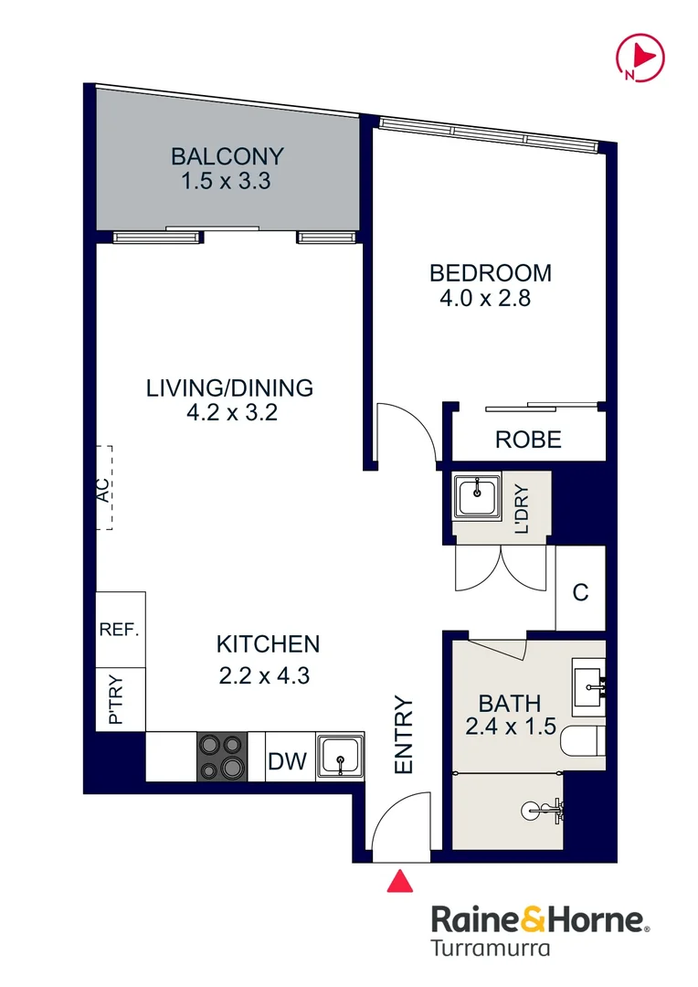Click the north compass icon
[x=640, y=58]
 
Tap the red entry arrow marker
[x=399, y=881]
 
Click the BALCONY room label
[x=227, y=156]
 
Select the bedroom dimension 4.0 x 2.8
[x=485, y=298]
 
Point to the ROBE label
[x=528, y=440]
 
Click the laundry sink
[x=478, y=496]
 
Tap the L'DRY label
[x=522, y=509]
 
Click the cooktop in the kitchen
[x=222, y=757]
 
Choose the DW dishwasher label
[x=287, y=761]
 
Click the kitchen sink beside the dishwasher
[x=340, y=756]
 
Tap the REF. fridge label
[x=119, y=629]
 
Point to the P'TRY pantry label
[x=115, y=699]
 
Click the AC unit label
[x=102, y=491]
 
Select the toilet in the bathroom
[x=582, y=741]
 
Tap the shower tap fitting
[x=544, y=810]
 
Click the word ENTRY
[x=403, y=735]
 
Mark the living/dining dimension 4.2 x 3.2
[x=232, y=412]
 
